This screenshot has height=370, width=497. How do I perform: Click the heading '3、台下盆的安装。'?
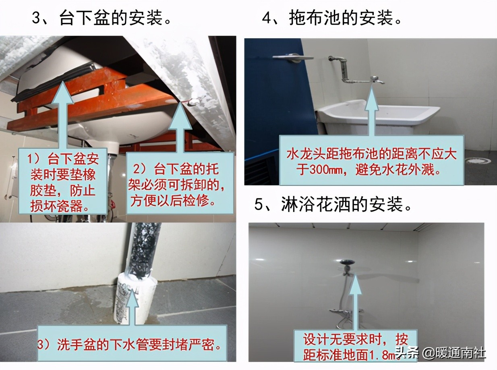coord(102,18)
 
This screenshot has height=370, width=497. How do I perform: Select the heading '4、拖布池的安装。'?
coord(332,18)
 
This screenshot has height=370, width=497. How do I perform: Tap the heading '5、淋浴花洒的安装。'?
coord(333,204)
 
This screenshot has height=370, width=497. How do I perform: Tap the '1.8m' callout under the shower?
coord(355,348)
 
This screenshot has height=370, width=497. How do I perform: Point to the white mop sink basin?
coord(379,114)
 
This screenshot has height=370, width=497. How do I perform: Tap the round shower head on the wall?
coord(347,262)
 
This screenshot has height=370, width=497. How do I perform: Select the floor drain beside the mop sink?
coord(478,160)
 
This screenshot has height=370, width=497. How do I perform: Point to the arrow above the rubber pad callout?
coord(63,115)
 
